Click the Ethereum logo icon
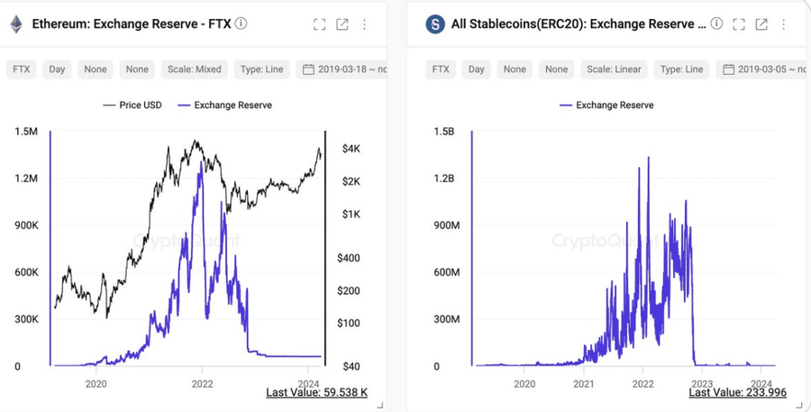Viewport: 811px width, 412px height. point(15,24)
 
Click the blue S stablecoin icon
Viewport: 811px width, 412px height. point(435,24)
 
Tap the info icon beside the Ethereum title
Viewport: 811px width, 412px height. point(241,24)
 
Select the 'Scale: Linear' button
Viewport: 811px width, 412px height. point(613,69)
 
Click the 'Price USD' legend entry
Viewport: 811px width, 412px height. point(132,105)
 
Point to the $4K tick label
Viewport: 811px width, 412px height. point(351,148)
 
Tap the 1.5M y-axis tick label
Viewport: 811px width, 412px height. point(26,132)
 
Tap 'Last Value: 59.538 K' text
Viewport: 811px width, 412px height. point(316,392)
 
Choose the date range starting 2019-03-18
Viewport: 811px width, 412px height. point(348,69)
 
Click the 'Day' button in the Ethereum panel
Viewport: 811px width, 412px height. point(57,69)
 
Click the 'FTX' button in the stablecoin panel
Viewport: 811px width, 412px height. point(441,69)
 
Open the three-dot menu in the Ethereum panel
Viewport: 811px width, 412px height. point(364,24)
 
